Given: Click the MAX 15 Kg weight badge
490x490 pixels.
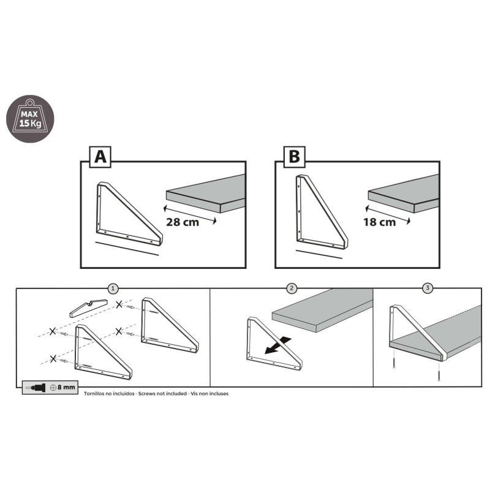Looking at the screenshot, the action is coord(30,119).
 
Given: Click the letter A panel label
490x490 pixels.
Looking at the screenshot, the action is coord(100,157).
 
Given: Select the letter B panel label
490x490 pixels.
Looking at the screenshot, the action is coord(295,157).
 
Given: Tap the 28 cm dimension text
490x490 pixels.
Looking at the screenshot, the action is coord(183,222).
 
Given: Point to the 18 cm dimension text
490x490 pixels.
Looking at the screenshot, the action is coord(379,222).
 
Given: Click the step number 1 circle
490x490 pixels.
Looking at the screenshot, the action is coord(113,288).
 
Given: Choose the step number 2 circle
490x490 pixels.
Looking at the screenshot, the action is coord(292,288).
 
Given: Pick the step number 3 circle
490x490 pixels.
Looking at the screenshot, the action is coord(428,288).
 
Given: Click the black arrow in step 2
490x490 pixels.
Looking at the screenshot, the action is coord(278,346).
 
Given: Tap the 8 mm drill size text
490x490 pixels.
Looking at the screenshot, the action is coord(66,388).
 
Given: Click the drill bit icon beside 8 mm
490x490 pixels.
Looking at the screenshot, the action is coord(36,388).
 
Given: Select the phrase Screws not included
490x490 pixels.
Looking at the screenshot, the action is coord(162,394).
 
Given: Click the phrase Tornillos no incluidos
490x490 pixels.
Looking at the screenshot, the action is coord(109,394).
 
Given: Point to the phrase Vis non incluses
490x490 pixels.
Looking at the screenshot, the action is coord(209,394).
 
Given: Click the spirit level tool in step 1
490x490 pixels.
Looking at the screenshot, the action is coord(88,308).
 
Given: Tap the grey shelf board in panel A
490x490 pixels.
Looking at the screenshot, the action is coord(206,194).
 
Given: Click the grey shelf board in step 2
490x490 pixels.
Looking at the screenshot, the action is coord(322,311).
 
